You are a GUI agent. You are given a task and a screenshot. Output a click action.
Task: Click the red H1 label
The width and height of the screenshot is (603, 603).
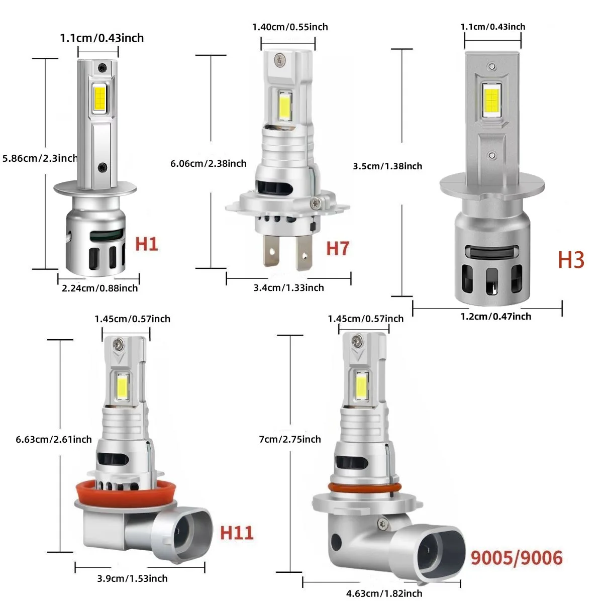(x=147, y=244)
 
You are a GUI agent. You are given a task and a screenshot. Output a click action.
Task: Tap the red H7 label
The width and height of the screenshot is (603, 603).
(x=337, y=248)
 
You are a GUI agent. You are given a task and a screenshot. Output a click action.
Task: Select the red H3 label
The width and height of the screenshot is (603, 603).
(x=571, y=260)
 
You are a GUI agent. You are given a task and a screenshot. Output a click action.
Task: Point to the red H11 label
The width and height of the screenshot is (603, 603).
(x=237, y=533)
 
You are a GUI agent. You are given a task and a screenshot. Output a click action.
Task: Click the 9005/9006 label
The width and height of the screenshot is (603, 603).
(x=516, y=557)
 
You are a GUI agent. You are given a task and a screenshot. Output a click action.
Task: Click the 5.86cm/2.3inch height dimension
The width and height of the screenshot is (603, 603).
(x=40, y=158)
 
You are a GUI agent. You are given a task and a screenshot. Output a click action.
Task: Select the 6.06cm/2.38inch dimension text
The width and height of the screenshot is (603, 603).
(x=208, y=163)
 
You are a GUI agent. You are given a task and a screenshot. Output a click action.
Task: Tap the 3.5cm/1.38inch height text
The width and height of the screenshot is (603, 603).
(x=387, y=166)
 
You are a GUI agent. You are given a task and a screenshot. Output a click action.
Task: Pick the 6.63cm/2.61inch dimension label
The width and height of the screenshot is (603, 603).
(x=54, y=439)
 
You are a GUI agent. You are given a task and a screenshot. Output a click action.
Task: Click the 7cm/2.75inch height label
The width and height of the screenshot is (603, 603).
(x=289, y=439)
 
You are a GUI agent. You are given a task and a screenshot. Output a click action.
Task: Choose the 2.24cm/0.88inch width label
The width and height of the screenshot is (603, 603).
(x=99, y=288)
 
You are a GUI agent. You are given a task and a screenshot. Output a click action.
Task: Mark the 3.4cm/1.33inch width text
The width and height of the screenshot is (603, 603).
(x=288, y=287)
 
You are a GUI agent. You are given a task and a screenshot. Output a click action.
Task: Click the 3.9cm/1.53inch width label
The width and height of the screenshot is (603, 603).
(x=132, y=578)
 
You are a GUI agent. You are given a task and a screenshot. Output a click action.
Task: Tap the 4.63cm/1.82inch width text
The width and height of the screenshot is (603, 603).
(x=384, y=593)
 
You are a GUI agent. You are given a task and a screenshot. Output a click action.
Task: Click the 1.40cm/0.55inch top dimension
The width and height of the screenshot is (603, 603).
(x=290, y=27)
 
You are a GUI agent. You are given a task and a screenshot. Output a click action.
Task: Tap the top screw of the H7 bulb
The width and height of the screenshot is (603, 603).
(x=278, y=60)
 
